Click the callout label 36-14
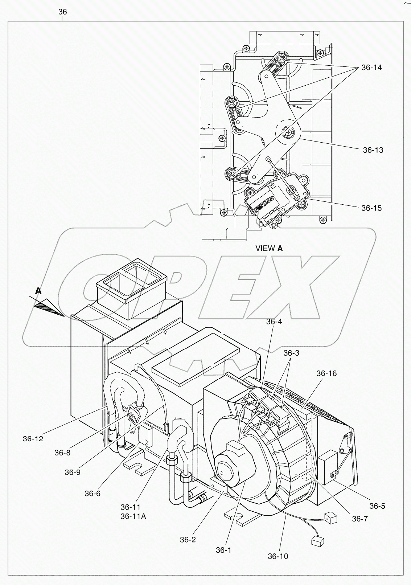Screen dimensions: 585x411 coord(371,67)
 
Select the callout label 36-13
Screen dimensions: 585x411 coord(373,150)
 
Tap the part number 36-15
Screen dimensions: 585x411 coord(371,208)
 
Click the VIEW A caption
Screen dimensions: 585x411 coord(269,248)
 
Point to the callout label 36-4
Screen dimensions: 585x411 coord(274,322)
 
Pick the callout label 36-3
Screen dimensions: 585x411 coord(291,353)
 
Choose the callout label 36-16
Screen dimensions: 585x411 coord(326,373)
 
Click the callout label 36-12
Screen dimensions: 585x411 coord(33,438)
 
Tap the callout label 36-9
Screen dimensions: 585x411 coord(73,472)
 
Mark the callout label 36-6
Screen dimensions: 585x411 coord(93,493)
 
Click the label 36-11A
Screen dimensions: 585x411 coord(133,516)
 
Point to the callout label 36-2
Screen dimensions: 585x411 coord(188,540)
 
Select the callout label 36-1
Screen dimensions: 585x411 coord(223,550)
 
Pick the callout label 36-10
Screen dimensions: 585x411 coord(278,556)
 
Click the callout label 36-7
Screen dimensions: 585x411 coord(359,519)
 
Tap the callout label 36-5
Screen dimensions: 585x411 coord(377,506)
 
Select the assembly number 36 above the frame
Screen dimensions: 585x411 coord(62,12)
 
